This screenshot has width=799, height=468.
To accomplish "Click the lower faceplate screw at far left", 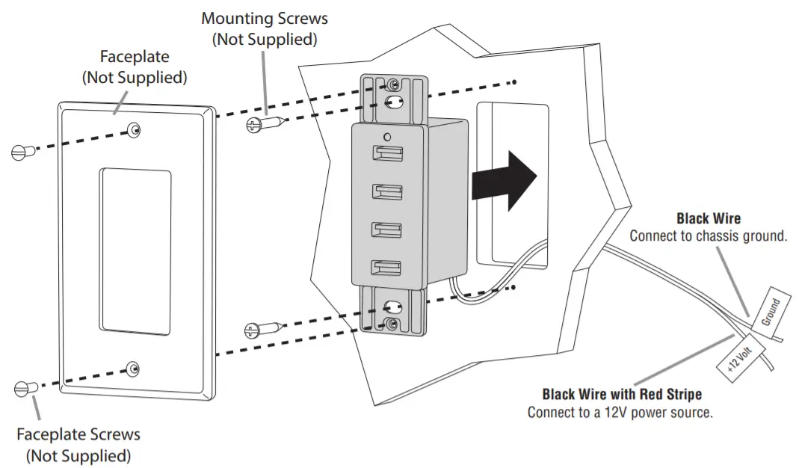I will (24, 388).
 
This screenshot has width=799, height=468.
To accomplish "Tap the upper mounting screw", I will (263, 124).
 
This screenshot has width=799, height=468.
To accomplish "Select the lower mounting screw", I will (263, 329).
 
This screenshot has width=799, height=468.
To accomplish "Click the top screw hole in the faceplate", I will (134, 130).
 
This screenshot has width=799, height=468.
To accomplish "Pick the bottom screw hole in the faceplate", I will (133, 368).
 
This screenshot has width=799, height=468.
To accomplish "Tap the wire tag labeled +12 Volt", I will (739, 355).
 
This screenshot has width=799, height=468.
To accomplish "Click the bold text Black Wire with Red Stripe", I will (622, 394).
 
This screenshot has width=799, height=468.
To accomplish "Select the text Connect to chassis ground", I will (709, 236).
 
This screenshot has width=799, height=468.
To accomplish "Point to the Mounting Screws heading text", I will (265, 18).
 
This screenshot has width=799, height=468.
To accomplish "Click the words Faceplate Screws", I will (78, 434).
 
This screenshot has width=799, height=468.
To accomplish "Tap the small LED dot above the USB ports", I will (385, 137).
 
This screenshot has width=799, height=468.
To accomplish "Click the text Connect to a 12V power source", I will (620, 412).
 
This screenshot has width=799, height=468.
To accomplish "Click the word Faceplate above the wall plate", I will (135, 57).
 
